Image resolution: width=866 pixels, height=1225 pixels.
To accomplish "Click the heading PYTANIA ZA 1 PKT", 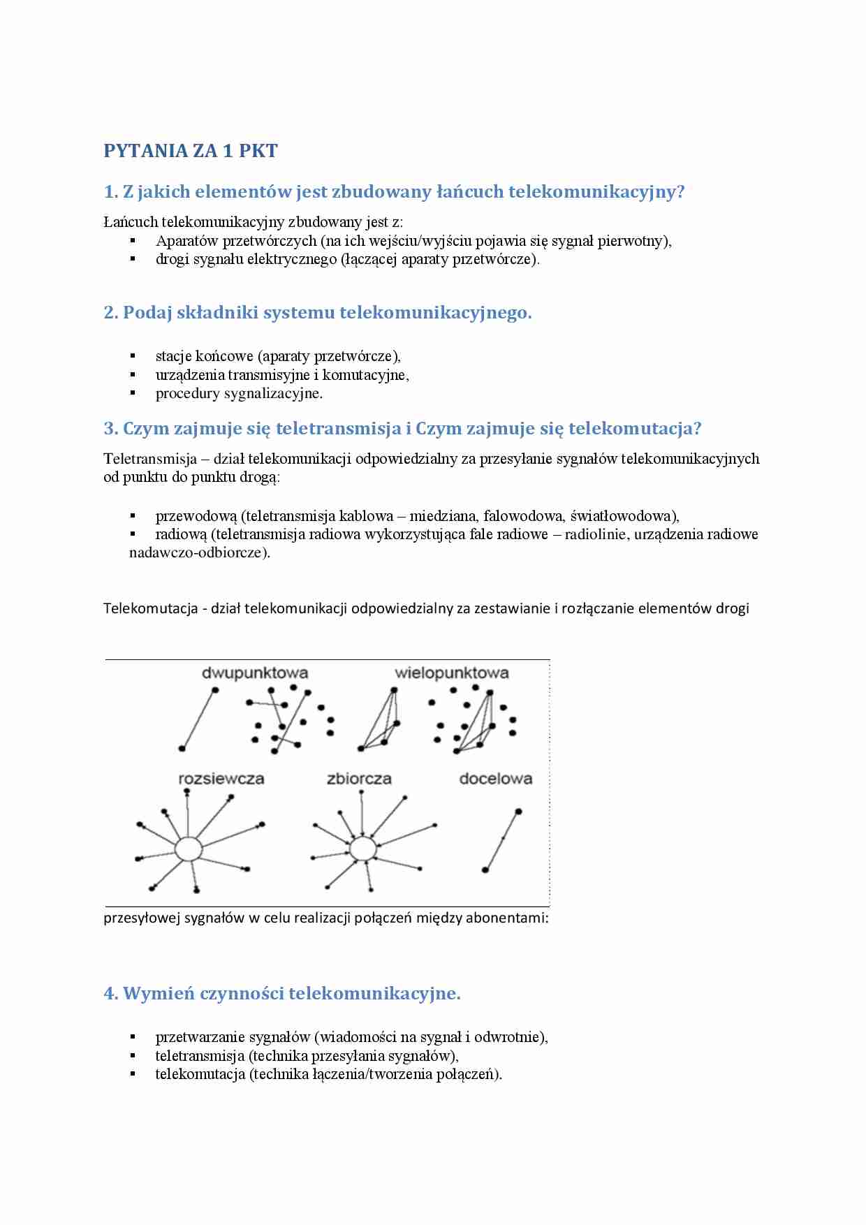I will [190, 151].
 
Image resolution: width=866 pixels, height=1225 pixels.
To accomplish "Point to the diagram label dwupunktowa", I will [255, 673].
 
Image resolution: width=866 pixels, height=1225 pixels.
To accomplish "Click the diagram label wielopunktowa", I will [451, 673].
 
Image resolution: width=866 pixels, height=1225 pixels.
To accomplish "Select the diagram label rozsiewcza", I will [221, 779].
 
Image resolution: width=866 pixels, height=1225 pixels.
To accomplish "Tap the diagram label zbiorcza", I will [359, 779].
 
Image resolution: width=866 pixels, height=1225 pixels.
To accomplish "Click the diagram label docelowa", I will [495, 779].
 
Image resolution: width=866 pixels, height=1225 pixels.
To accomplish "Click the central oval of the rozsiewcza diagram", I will [188, 849].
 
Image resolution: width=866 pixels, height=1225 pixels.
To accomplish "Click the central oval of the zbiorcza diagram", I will [362, 849].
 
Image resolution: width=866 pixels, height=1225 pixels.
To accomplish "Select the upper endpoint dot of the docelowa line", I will [518, 812].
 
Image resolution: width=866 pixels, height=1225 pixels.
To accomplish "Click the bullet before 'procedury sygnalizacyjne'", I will [133, 393].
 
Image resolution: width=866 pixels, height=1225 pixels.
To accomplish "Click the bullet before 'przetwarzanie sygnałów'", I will [133, 1037].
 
